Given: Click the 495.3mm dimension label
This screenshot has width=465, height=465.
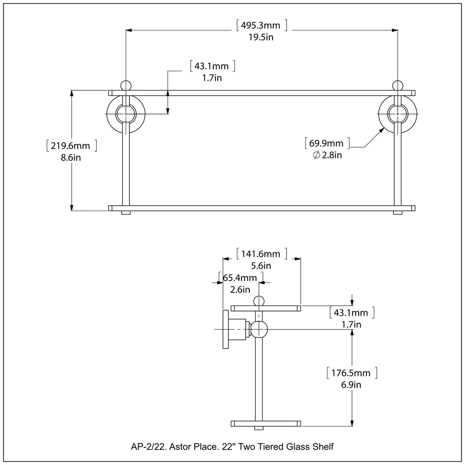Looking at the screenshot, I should [261, 25].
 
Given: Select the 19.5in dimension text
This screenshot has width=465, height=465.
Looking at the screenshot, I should [261, 38].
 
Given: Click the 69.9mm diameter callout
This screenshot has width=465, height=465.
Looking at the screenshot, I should [327, 143].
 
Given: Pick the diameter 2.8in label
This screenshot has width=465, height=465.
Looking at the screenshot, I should [327, 156].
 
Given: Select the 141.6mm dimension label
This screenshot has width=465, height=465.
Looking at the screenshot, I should [261, 253].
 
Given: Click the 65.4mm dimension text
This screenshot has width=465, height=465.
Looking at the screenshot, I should [240, 277].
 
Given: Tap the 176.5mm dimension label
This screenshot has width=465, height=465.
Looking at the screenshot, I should [352, 373].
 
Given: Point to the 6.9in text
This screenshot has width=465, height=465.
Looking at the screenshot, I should [352, 386].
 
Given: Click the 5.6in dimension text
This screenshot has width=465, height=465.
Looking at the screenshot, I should [261, 266].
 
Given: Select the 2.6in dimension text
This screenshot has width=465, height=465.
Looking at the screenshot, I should [240, 289].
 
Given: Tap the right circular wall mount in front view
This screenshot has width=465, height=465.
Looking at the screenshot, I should [398, 114].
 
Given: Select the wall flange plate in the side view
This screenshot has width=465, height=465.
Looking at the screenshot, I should [226, 330].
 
